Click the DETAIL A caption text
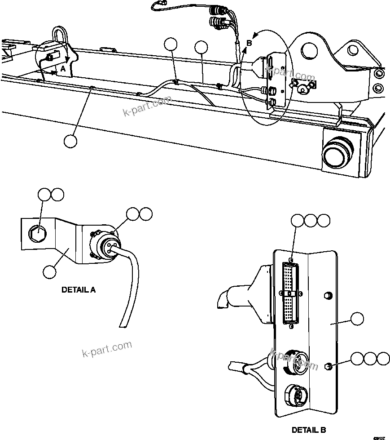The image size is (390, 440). click(x=78, y=290)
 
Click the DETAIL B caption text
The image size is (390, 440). click(x=309, y=430)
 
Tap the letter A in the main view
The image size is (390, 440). click(x=63, y=69)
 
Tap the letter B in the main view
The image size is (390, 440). click(x=249, y=44)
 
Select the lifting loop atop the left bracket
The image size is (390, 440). click(x=60, y=35)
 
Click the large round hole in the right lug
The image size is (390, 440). click(x=310, y=50)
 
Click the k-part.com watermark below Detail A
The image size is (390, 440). click(x=107, y=349)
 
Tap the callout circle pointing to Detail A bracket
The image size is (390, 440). click(x=49, y=271)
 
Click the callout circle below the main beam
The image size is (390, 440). click(x=70, y=141)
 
